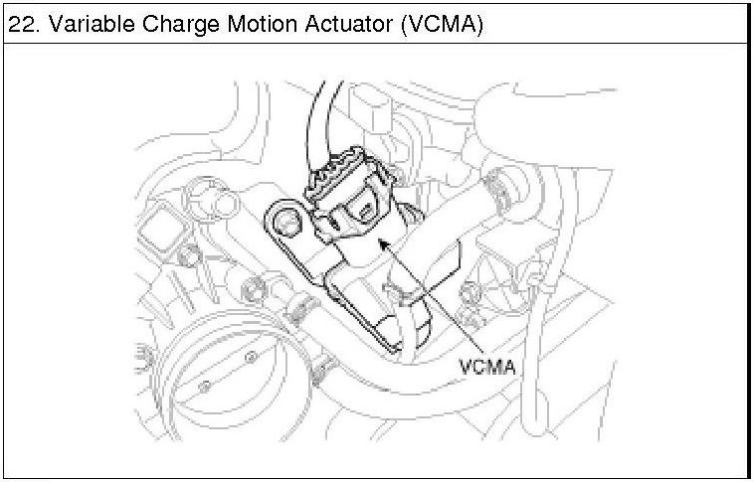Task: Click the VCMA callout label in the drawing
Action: point(488,366)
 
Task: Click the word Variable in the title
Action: point(88,25)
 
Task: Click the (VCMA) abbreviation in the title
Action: point(441,25)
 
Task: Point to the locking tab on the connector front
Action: point(365,211)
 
